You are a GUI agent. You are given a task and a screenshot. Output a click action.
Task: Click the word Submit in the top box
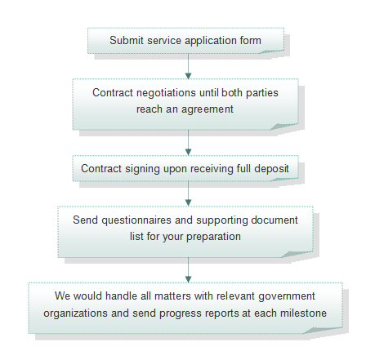[x=127, y=40]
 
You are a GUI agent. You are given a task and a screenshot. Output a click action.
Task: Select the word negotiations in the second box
[x=166, y=93]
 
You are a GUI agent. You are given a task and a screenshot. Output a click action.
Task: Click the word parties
[x=262, y=93]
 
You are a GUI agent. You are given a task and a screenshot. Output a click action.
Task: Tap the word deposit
[x=271, y=169]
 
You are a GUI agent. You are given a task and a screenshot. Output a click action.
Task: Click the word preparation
[x=213, y=237]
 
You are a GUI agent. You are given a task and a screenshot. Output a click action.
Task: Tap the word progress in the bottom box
[x=181, y=313]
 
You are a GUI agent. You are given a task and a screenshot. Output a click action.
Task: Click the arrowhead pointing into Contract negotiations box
[x=188, y=76]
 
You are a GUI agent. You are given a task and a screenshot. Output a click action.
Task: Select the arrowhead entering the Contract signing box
[x=188, y=152]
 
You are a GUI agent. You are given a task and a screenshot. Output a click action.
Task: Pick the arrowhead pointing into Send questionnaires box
[x=188, y=202]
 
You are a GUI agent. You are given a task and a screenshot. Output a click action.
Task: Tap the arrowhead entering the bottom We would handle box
[x=188, y=279]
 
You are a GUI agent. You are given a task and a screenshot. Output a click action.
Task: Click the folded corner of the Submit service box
[x=272, y=51]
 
